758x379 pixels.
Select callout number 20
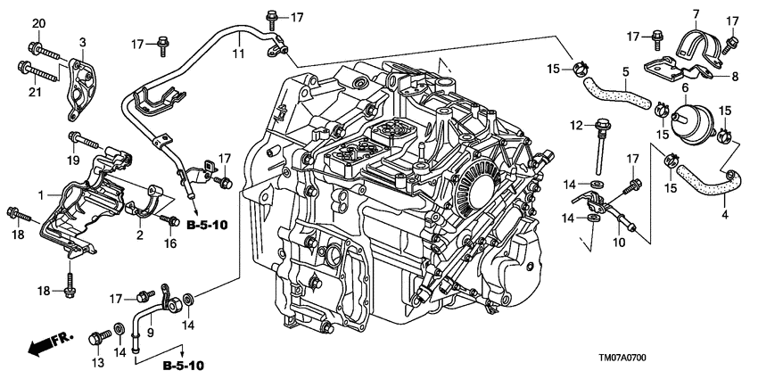pyautogui.click(x=37, y=23)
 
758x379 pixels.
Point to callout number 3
pyautogui.click(x=82, y=42)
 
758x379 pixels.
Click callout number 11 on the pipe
pyautogui.click(x=238, y=54)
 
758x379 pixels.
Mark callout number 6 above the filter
pyautogui.click(x=685, y=87)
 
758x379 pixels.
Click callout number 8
pyautogui.click(x=734, y=77)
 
